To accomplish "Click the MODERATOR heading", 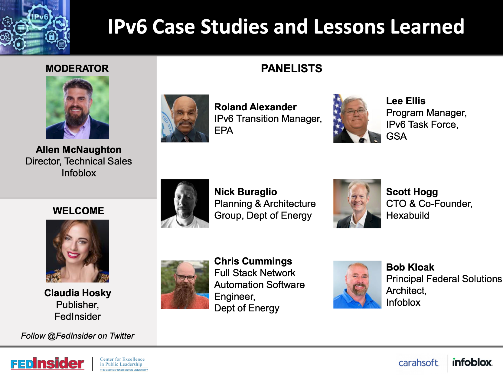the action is (77, 69).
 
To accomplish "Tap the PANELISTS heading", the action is (292, 69).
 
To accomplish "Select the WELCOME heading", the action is (78, 211).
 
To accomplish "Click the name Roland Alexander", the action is (255, 107).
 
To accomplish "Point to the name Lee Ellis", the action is (406, 101).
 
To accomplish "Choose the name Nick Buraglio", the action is (245, 192).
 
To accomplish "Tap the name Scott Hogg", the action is (412, 192).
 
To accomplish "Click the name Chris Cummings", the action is (253, 261).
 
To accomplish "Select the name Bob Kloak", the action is (410, 267).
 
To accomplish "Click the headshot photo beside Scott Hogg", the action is (357, 203).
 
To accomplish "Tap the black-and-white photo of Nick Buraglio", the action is (185, 203).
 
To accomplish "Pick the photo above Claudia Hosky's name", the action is (77, 251).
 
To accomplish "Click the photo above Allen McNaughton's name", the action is (77, 108).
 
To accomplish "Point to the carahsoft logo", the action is (419, 363).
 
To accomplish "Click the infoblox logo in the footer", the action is (472, 362).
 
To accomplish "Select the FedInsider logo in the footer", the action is (47, 363).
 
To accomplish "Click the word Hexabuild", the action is (407, 216).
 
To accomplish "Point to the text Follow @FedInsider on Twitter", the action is (77, 336).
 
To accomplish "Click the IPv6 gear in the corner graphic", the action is (40, 17).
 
